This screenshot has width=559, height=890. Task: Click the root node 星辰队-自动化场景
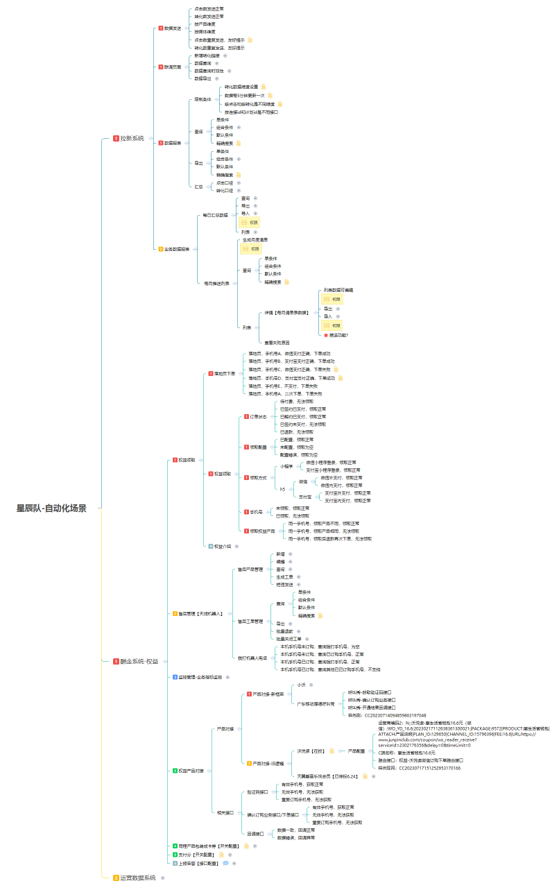pos(52,508)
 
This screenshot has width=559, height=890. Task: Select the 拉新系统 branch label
pos(132,139)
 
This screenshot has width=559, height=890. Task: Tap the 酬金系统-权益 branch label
pos(139,661)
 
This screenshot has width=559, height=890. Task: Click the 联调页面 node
pos(172,67)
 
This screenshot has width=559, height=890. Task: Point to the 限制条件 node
pos(202,99)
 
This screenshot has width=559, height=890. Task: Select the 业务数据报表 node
pos(177,249)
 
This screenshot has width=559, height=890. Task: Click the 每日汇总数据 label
pos(215,215)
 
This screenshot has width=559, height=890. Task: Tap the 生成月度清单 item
pos(255,240)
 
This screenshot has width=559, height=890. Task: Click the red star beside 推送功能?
pos(326,335)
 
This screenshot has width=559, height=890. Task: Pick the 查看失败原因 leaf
pos(277,343)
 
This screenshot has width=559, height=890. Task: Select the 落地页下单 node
pos(225,373)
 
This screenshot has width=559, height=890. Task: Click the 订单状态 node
pos(259,416)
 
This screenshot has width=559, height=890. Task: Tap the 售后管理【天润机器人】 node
pos(200,614)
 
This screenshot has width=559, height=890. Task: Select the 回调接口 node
pos(255,834)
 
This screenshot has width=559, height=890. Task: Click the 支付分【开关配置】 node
pos(198,855)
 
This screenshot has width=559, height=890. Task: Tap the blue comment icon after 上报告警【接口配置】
pos(225,864)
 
